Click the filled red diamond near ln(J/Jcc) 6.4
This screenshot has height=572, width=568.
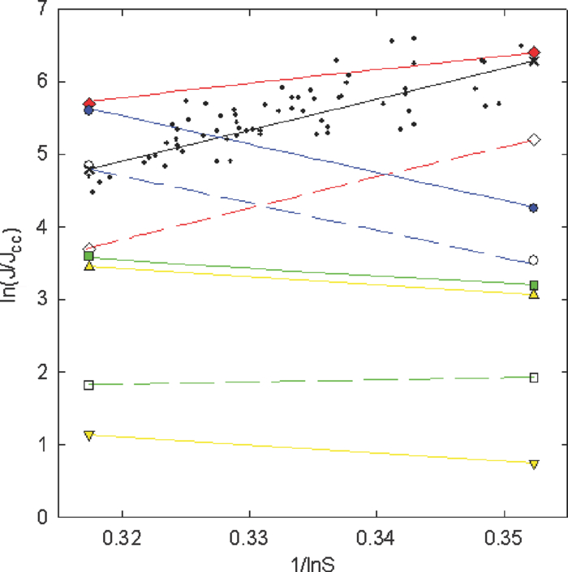coord(534,53)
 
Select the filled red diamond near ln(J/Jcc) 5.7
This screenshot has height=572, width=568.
coord(89,103)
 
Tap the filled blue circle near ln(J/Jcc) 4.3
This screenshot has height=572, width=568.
coord(534,208)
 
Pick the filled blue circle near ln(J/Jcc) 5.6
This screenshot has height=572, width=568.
coord(89,110)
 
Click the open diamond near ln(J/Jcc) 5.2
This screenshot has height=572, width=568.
coord(534,140)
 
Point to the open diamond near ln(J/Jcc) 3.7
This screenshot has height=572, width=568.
coord(89,249)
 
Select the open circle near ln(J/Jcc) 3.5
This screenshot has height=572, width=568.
coord(534,260)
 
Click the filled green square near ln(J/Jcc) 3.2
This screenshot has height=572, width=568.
coord(534,285)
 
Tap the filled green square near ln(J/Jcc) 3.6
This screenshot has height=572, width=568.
coord(89,256)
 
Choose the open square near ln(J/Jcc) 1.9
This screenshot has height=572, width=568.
coord(534,378)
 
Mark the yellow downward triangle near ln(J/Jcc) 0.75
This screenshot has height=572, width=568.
coord(534,463)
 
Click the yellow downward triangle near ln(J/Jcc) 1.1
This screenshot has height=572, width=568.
coord(89,435)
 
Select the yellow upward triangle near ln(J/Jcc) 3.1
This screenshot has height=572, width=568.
coord(534,294)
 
